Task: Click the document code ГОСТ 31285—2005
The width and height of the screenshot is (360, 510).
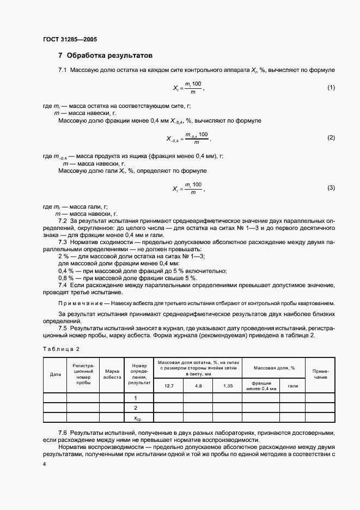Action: (x=69, y=40)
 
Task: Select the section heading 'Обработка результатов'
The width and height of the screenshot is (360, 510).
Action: (x=109, y=56)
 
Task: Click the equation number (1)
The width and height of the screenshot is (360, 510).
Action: (x=331, y=88)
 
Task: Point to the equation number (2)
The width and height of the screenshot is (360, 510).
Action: (x=331, y=138)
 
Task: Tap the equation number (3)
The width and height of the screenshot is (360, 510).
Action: (x=331, y=188)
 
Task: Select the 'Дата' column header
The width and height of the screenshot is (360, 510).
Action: (x=55, y=374)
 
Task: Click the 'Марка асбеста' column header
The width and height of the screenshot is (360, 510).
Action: (x=112, y=374)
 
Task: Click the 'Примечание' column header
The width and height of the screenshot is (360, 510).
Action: (x=320, y=374)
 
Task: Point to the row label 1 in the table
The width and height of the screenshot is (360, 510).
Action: (x=135, y=398)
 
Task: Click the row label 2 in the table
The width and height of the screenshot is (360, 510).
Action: (x=135, y=408)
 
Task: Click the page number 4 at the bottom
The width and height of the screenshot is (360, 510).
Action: (x=44, y=463)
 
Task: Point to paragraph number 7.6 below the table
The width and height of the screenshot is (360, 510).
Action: (x=63, y=432)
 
